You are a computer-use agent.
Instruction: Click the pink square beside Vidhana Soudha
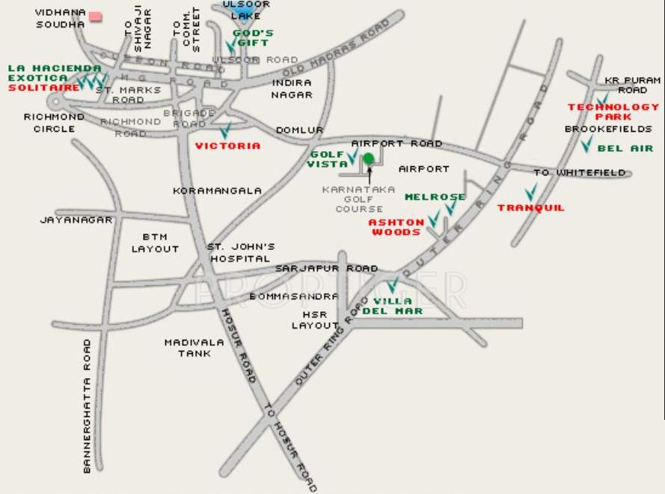point(96,16)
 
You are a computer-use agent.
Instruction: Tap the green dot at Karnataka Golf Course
point(368,158)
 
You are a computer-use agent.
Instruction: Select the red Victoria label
point(227,146)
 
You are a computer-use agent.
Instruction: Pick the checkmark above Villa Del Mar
point(392,285)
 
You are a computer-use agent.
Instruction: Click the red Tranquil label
point(530,208)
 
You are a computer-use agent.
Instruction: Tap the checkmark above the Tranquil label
point(530,192)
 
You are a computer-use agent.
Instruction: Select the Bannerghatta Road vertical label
point(88,405)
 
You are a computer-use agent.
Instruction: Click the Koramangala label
point(217,191)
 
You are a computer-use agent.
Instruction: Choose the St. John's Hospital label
point(241,252)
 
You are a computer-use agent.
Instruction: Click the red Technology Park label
point(613,112)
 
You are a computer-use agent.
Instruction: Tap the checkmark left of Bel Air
point(586,143)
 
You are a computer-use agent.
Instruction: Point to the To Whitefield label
point(579,173)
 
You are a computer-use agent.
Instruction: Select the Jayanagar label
point(76,220)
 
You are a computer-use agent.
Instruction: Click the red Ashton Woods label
point(396,227)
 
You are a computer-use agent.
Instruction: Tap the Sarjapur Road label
point(326,268)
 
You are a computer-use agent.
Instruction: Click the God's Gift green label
point(252,38)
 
